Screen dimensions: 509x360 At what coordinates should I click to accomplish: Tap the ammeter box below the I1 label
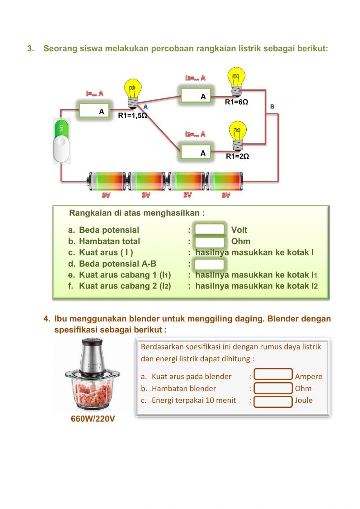click(x=196, y=96)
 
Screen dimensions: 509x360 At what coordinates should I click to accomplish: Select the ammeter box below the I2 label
click(x=196, y=152)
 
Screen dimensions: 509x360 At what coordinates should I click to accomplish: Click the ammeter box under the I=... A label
click(x=94, y=111)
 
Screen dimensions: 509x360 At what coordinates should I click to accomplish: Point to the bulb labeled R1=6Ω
click(x=237, y=81)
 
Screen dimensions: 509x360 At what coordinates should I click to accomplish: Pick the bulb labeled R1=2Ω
click(x=238, y=135)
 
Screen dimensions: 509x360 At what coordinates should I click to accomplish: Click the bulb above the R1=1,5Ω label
click(x=132, y=94)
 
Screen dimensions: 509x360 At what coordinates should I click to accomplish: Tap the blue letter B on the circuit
click(x=272, y=107)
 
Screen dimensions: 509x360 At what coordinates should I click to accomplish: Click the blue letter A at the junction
click(x=145, y=107)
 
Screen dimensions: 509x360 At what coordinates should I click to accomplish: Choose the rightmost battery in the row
click(x=226, y=181)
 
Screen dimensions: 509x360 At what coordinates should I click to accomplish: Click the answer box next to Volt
click(x=210, y=229)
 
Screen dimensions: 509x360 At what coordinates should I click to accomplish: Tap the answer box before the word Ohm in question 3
click(x=210, y=241)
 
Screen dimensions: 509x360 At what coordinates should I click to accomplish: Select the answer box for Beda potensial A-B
click(x=210, y=264)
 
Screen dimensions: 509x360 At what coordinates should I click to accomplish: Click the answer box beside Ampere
click(x=273, y=375)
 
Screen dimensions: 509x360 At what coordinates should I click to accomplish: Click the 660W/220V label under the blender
click(x=93, y=419)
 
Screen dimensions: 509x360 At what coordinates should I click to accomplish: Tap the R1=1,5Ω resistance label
click(x=132, y=116)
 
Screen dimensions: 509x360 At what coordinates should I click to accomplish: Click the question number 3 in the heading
click(x=31, y=49)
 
